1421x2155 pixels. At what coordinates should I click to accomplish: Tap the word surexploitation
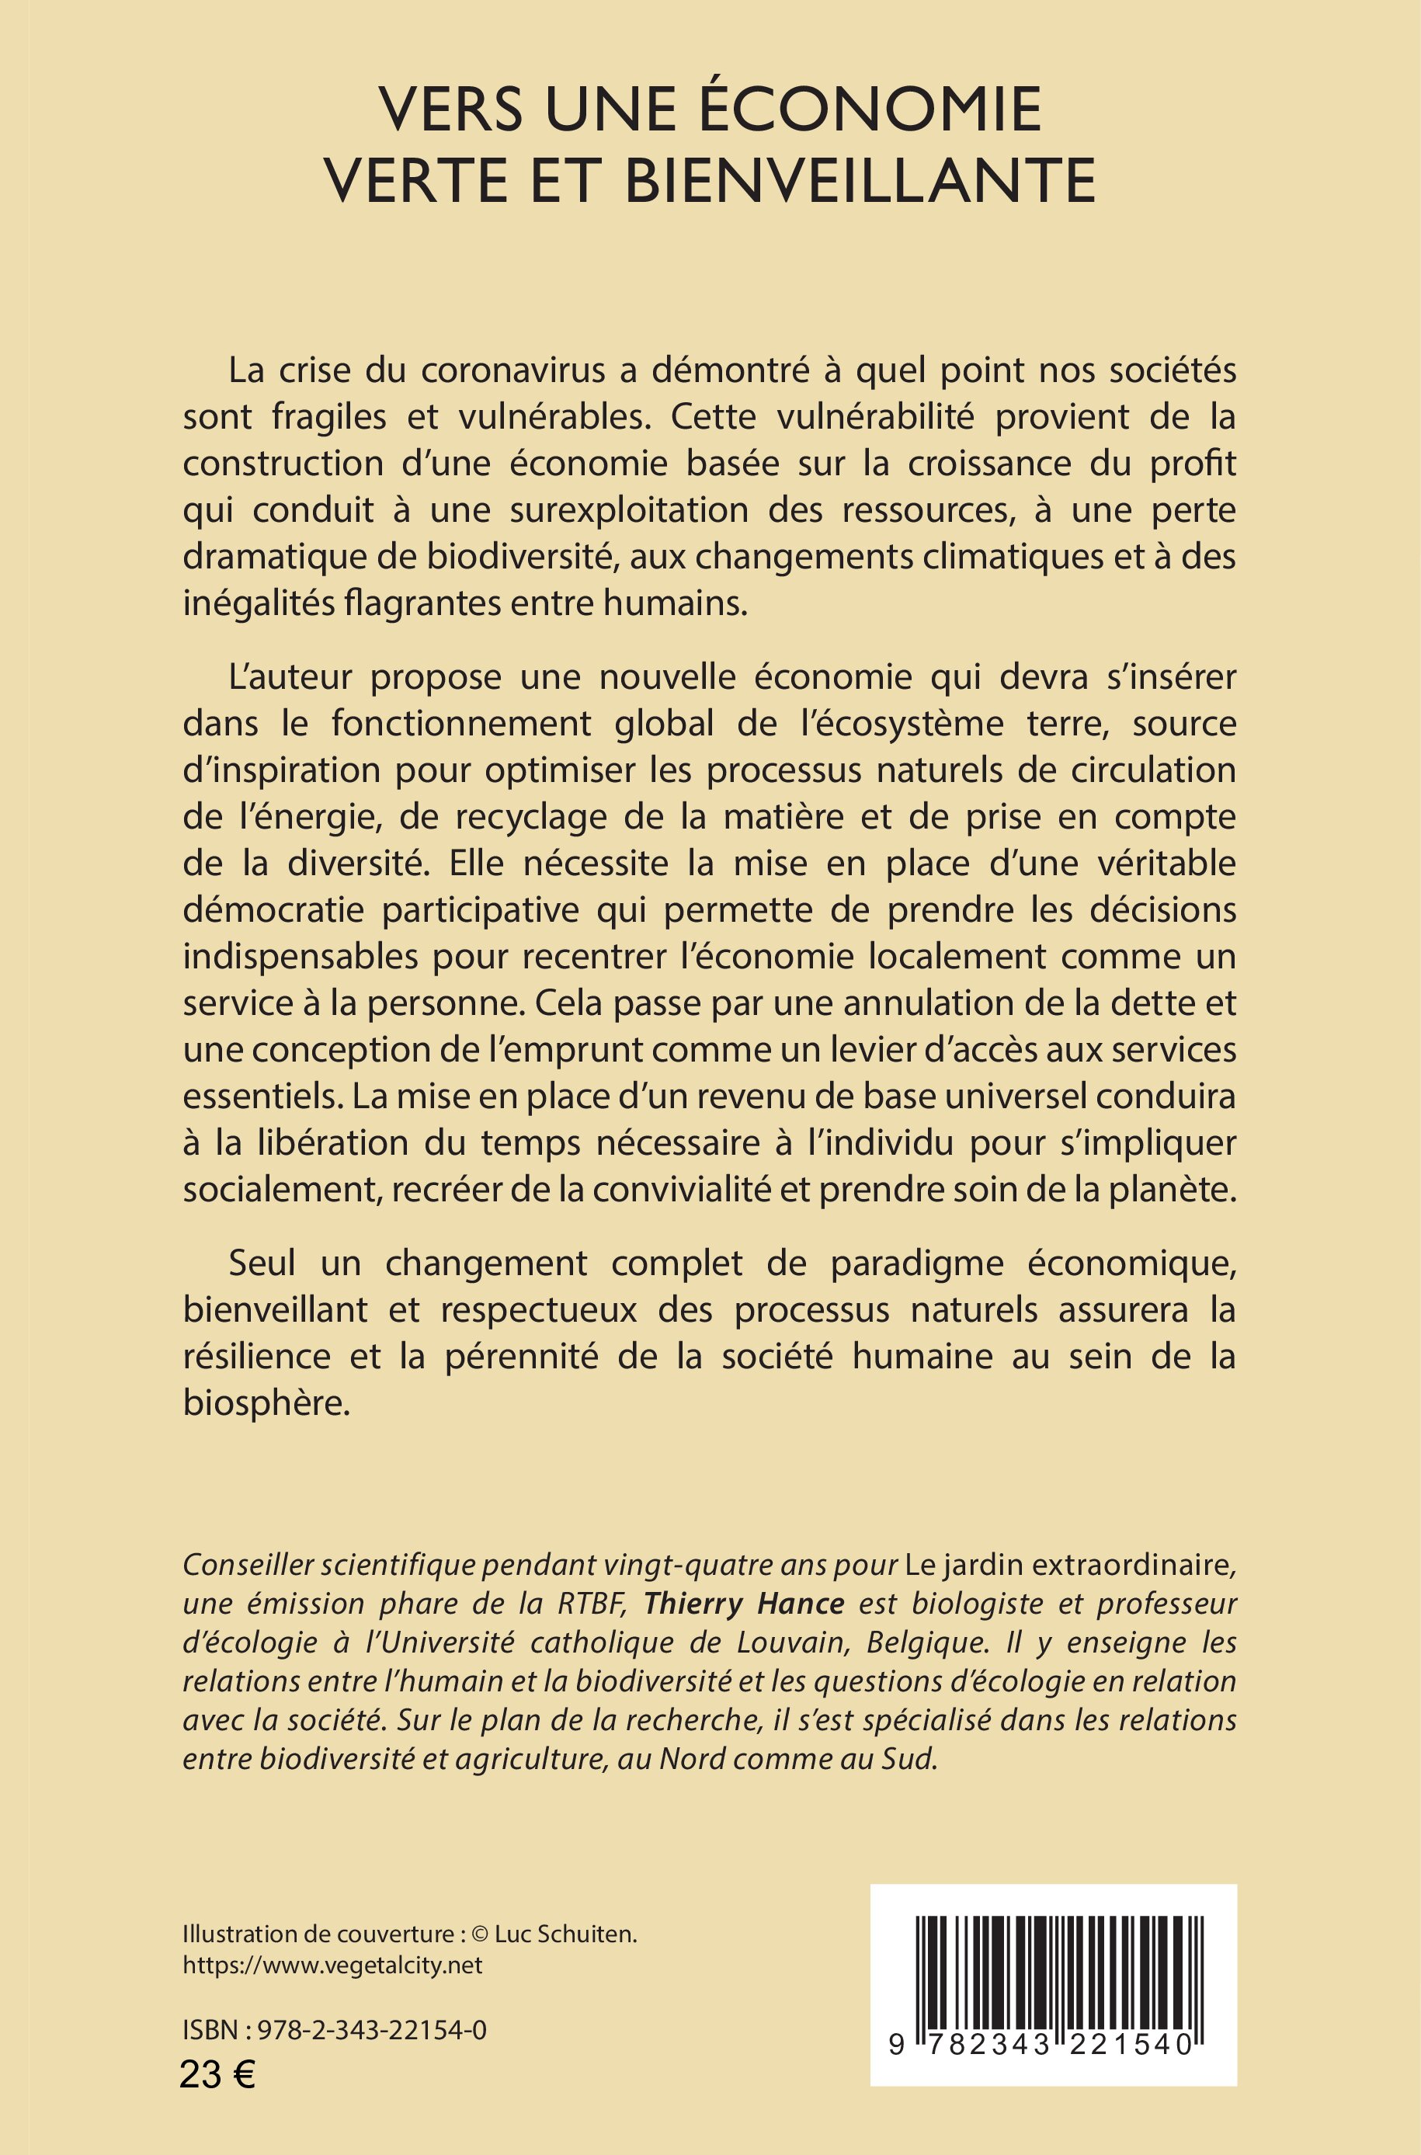click(629, 510)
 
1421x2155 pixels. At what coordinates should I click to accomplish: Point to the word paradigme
click(916, 1263)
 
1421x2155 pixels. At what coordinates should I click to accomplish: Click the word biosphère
click(266, 1402)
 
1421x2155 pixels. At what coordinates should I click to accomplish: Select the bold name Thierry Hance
click(744, 1603)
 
